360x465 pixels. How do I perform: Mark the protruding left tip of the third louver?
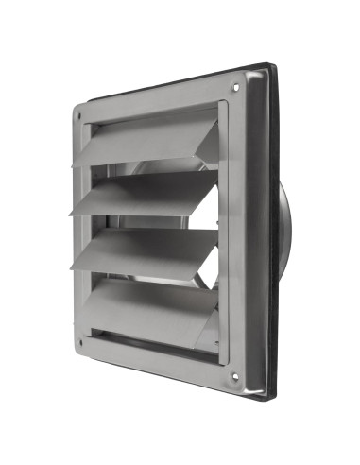(x=77, y=264)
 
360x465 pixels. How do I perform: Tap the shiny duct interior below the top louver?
(x=180, y=171)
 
